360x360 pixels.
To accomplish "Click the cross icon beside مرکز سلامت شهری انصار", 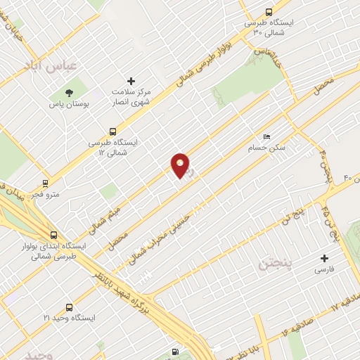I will point(130,81).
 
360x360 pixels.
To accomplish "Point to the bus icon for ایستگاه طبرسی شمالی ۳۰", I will point(269,11).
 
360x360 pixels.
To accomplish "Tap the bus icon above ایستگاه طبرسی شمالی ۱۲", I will point(112,131).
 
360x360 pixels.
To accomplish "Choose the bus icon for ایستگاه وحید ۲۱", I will point(69,307).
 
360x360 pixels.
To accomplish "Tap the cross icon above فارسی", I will point(324,258).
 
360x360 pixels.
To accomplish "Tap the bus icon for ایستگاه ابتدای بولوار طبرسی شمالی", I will point(54,235).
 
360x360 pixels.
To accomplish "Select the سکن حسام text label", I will point(263,148).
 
